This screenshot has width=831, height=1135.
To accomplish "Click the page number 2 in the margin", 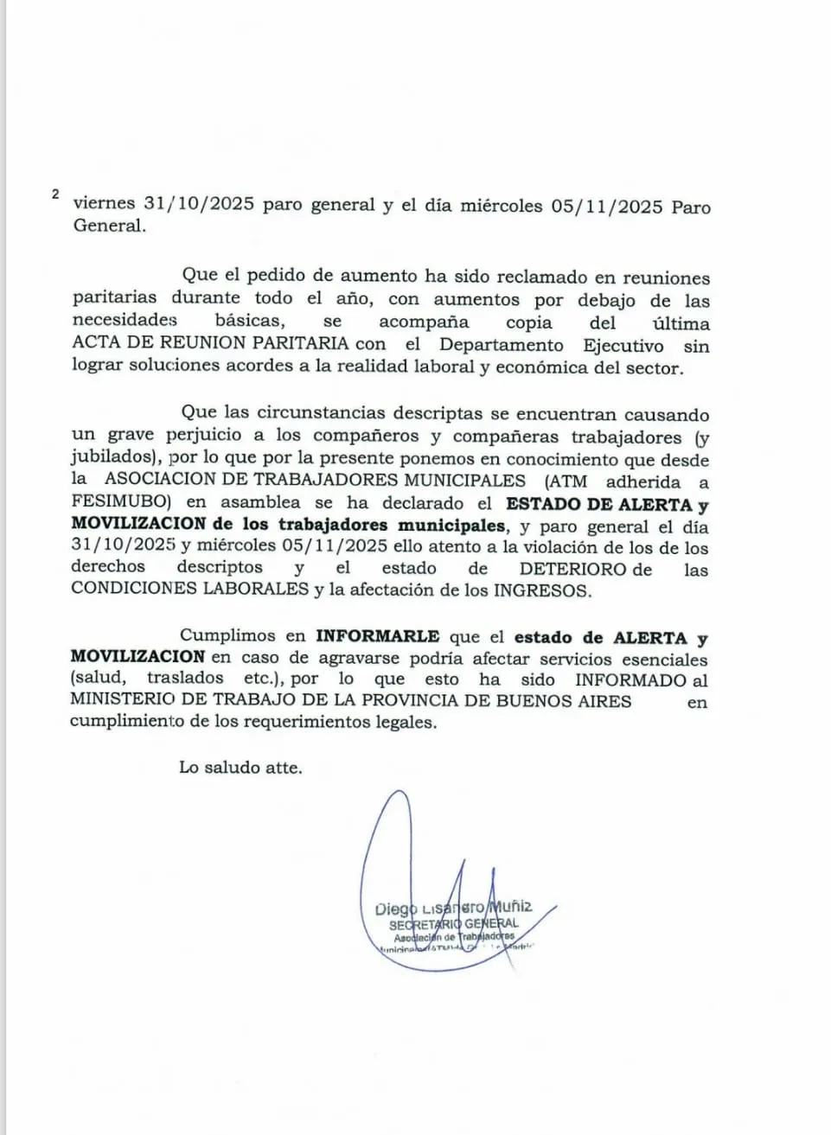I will tap(55, 194).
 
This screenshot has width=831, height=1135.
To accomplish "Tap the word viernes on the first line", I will tap(104, 204).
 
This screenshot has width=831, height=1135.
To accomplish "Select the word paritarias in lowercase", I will tap(114, 298).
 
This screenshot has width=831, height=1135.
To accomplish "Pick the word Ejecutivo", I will tap(623, 346).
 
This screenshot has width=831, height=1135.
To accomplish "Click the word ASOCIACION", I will tap(166, 481).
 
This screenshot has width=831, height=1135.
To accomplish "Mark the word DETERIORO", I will tap(572, 570).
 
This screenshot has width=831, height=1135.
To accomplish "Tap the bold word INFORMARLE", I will tap(377, 637).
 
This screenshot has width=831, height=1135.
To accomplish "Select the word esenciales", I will tap(664, 659).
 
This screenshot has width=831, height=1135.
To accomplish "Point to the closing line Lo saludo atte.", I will tap(240, 767).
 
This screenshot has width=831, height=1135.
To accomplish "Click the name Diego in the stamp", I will tap(395, 909).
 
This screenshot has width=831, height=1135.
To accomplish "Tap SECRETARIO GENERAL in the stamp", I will tap(453, 924).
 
